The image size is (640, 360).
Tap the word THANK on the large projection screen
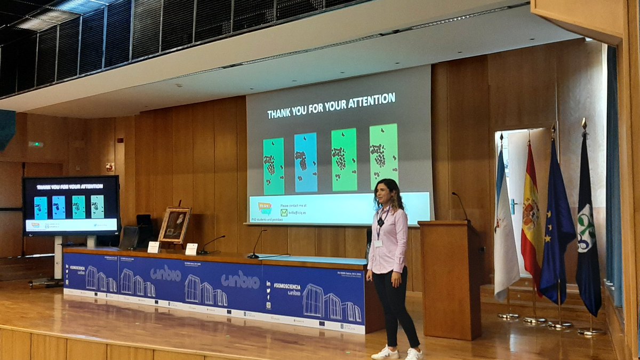pyautogui.click(x=282, y=114)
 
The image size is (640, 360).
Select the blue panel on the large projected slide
pyautogui.click(x=306, y=162)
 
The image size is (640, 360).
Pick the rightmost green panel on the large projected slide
pyautogui.click(x=383, y=156)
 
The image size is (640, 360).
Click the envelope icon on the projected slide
pyautogui.click(x=284, y=212)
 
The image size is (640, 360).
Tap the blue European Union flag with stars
pyautogui.click(x=557, y=224)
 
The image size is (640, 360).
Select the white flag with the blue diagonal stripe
pyautogui.click(x=505, y=229)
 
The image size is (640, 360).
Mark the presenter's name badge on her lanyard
pyautogui.click(x=378, y=243)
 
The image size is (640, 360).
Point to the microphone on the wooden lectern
pyautogui.click(x=460, y=206)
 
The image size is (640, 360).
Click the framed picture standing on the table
pyautogui.click(x=174, y=225)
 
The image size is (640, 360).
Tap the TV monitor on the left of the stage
pyautogui.click(x=71, y=206)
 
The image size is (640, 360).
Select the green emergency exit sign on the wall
pyautogui.click(x=36, y=144)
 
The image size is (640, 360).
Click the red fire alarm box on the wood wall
pyautogui.click(x=109, y=167)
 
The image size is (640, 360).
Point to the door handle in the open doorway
pyautogui.click(x=513, y=204)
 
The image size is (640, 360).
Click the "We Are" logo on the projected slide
pyautogui.click(x=265, y=207)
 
